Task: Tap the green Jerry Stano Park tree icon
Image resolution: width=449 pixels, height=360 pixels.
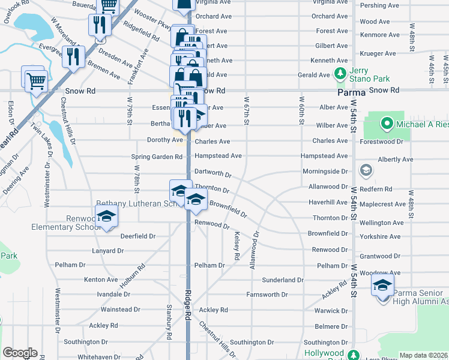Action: click(340, 74)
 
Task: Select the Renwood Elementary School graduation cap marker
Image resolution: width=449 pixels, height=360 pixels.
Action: click(106, 217)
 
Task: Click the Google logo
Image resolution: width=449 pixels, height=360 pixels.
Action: click(20, 353)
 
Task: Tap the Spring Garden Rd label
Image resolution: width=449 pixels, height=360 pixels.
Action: click(157, 157)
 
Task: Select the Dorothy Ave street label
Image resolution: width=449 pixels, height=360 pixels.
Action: click(165, 140)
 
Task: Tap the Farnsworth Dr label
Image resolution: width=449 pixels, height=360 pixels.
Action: click(267, 295)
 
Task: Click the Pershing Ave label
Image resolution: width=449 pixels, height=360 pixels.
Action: click(379, 5)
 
